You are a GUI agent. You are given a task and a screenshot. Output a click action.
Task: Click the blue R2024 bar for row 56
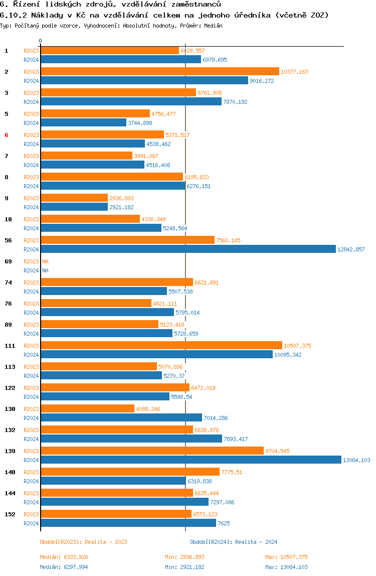point(188,249)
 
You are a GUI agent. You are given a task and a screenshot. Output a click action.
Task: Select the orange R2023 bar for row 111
point(161,345)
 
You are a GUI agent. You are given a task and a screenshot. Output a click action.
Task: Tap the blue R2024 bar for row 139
point(191,460)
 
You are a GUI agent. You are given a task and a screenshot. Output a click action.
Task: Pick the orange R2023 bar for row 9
point(74,198)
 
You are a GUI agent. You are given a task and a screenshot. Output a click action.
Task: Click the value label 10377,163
point(294,72)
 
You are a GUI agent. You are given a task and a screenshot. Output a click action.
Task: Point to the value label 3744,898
point(140,123)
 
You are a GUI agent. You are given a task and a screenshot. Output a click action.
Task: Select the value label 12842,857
point(351,249)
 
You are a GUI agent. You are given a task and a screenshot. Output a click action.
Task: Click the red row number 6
point(6,135)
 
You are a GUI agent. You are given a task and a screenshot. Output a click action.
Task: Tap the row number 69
point(8,261)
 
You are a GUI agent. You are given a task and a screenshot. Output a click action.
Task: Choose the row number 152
point(10,514)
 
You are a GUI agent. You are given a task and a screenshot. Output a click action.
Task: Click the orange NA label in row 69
point(45,261)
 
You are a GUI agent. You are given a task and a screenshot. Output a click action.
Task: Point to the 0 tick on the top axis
point(41,41)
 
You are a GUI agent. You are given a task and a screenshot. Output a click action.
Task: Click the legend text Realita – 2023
point(106,542)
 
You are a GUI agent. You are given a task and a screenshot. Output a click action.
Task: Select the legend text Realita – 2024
point(256,542)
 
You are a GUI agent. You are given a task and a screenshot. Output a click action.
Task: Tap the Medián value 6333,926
point(76,557)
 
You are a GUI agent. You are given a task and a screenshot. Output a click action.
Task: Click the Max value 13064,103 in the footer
point(294,567)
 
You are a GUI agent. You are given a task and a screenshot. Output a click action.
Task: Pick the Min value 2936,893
point(192,557)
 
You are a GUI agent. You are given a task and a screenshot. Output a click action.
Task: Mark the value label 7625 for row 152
point(224,523)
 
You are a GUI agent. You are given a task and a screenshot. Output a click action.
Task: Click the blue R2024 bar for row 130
point(121,417)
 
